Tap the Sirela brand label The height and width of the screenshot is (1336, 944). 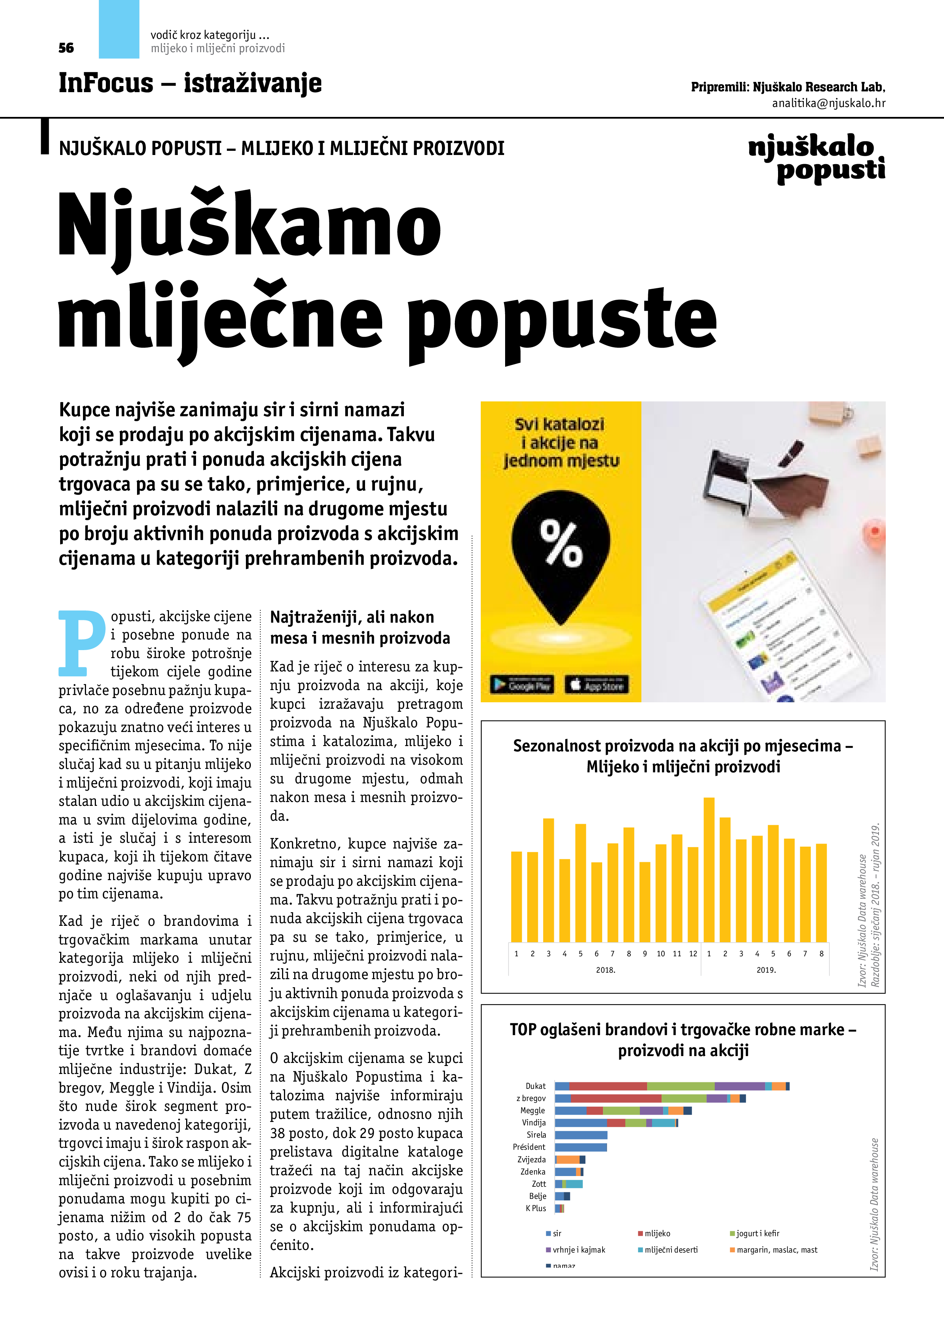point(536,1135)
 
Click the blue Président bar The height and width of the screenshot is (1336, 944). point(580,1147)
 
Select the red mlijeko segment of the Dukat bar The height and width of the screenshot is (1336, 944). point(608,1086)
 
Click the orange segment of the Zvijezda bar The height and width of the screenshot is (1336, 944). point(568,1160)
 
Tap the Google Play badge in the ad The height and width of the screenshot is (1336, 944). point(522,685)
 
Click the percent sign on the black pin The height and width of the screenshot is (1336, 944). point(561,543)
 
